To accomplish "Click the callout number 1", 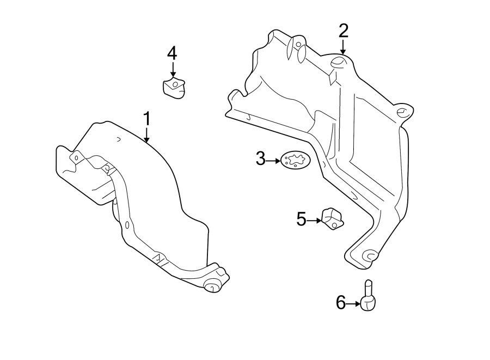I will coord(146,118).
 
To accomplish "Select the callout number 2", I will coord(343,31).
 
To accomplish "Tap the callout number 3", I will coord(261,160).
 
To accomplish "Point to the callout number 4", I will coord(172,53).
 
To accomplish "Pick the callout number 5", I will coord(302,219).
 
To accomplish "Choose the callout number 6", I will coord(341,302).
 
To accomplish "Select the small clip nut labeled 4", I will coord(174,88).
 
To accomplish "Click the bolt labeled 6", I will coord(369,297).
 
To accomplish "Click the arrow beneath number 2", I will coord(343,47).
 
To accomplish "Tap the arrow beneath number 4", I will coord(173,69).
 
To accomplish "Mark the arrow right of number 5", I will coord(315,220).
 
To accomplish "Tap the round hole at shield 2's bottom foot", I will coord(370,254).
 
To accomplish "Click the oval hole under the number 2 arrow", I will coord(338,62).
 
